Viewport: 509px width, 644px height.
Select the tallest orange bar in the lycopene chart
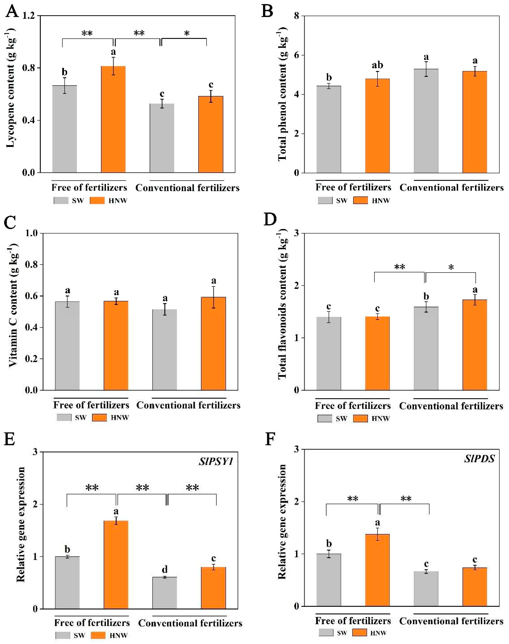(113, 119)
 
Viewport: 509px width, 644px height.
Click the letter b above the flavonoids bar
(426, 297)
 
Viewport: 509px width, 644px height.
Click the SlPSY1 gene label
(216, 462)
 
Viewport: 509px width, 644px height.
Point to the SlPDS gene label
(479, 459)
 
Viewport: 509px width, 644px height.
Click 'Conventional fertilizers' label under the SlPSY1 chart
(190, 623)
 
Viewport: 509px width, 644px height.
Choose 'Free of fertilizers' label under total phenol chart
(353, 187)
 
